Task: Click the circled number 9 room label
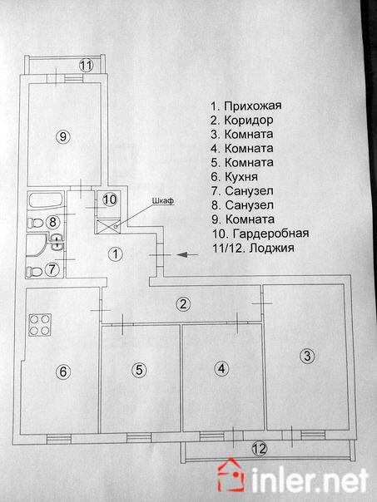(x=63, y=136)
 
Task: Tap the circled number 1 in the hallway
(x=116, y=254)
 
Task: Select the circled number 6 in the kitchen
(x=63, y=372)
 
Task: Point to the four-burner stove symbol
(x=40, y=325)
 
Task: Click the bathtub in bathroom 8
(x=45, y=201)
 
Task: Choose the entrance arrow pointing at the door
(x=187, y=255)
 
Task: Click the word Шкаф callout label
(x=163, y=201)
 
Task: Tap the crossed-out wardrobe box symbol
(x=109, y=226)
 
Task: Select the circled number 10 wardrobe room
(x=110, y=199)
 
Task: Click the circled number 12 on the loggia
(x=260, y=448)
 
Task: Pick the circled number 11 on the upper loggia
(x=86, y=66)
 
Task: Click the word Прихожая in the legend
(x=253, y=106)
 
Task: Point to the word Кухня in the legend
(x=241, y=176)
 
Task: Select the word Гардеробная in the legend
(x=270, y=234)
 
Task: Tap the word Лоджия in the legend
(x=271, y=248)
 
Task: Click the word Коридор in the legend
(x=249, y=120)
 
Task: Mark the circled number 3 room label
(x=307, y=356)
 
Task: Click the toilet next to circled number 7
(x=34, y=272)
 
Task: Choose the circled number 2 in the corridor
(x=183, y=304)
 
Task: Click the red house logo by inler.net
(x=231, y=475)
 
